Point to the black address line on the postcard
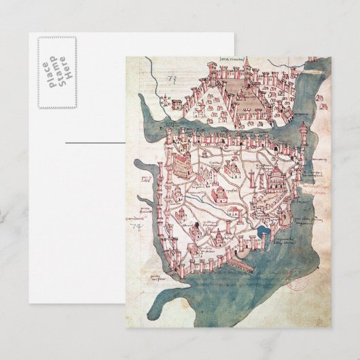pos(94,143)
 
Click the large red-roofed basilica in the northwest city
pos(181,163)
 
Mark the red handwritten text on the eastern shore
pos(314,187)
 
